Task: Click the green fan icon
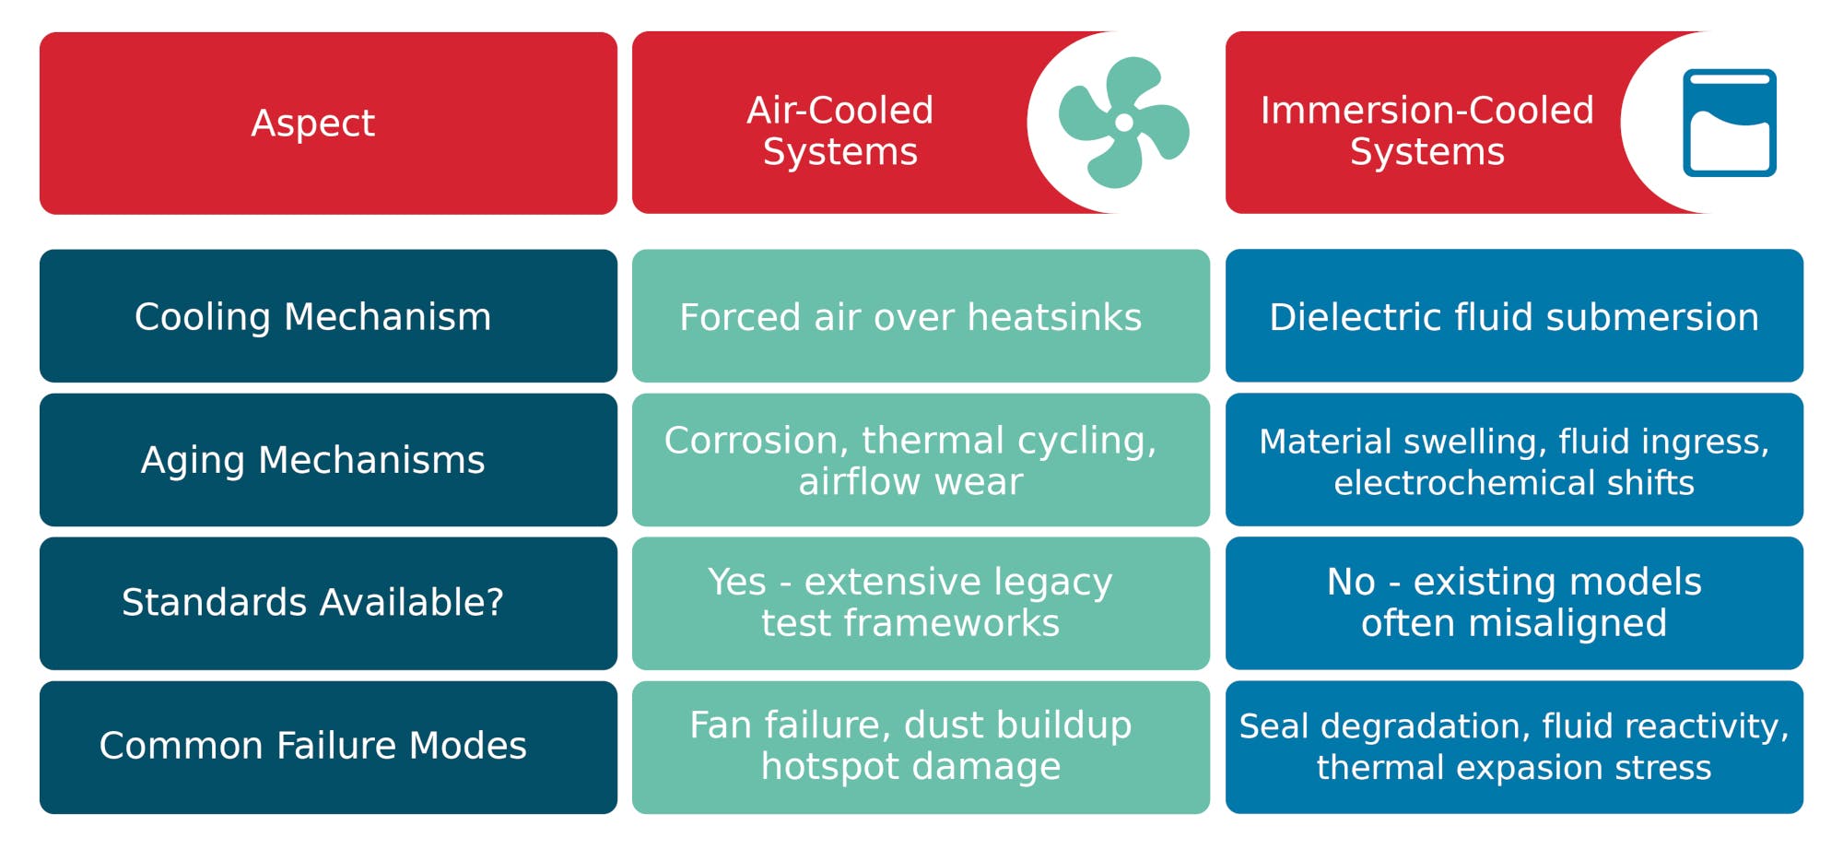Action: [1123, 123]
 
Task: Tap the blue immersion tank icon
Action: [1729, 123]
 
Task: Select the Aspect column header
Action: [313, 123]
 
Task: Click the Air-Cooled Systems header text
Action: [839, 130]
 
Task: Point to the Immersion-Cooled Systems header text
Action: [1426, 130]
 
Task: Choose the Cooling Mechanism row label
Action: [313, 316]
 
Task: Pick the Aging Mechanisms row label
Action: [313, 459]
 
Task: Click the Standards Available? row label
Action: [313, 602]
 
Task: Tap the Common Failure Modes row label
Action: [313, 745]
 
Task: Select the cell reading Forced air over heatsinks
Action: [910, 317]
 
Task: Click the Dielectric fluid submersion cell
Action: [1514, 317]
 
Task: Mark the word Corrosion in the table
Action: [756, 441]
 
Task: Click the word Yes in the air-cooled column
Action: [736, 582]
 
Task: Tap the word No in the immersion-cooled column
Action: [1351, 582]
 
